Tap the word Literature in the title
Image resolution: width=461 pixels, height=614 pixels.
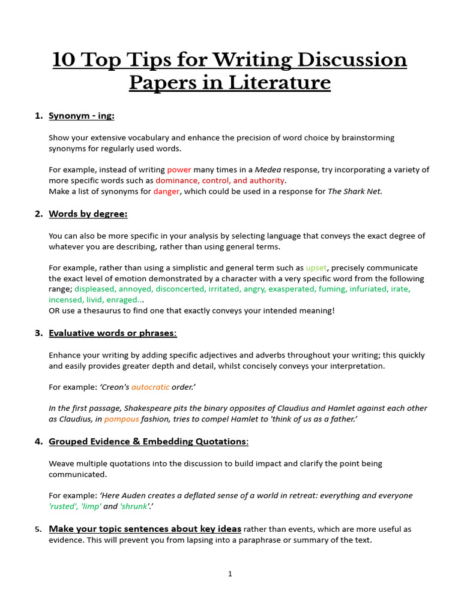(x=279, y=82)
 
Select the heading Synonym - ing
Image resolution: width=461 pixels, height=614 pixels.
(x=82, y=116)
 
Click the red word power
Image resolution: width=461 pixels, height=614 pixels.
(x=179, y=170)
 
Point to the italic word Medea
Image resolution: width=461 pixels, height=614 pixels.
(x=268, y=170)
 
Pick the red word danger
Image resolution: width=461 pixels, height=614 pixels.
(x=166, y=191)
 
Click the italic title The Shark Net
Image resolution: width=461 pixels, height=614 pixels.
(x=354, y=191)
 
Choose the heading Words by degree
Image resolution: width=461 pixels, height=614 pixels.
(x=88, y=214)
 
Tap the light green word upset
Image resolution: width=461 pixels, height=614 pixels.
(x=317, y=267)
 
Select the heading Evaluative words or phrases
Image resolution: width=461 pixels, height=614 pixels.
(x=112, y=333)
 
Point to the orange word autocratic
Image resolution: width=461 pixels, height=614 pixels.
(x=150, y=387)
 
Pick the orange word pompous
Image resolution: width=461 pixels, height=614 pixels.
(x=121, y=419)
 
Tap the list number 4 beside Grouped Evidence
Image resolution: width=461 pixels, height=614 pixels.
(x=38, y=442)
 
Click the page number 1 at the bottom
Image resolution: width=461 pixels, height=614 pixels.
(x=230, y=574)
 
